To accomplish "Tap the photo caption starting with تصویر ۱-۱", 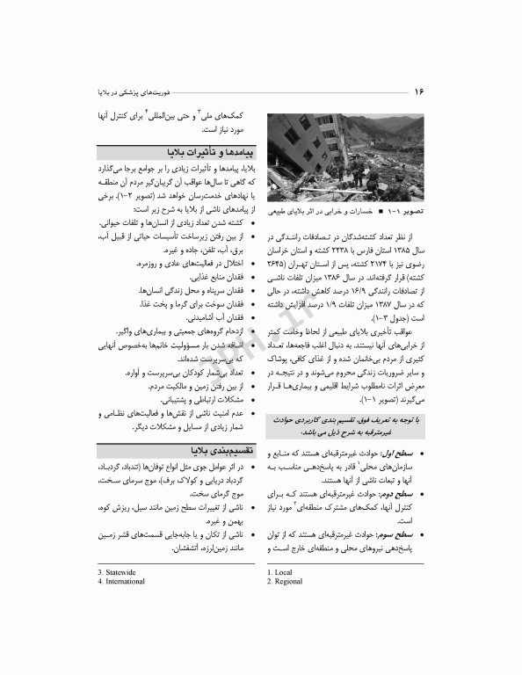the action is click(x=352, y=213).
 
